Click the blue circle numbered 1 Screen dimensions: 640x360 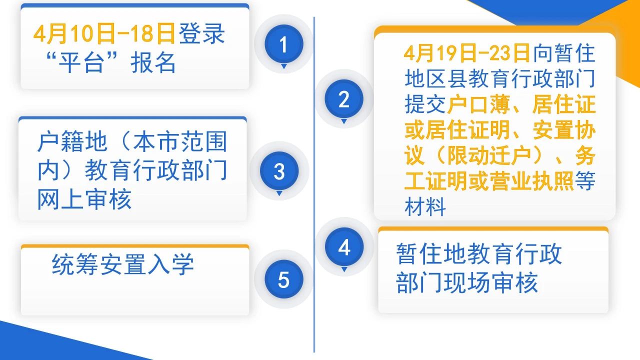283,44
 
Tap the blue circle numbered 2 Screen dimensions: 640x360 344,99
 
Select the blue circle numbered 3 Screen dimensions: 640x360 279,171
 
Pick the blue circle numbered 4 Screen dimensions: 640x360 344,247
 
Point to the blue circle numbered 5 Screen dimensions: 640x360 283,279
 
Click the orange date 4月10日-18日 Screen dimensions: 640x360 104,34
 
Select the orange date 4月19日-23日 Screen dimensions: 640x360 467,53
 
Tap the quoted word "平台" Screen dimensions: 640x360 81,63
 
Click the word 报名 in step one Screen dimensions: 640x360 153,63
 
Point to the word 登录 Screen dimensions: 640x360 201,34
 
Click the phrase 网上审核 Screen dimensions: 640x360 84,199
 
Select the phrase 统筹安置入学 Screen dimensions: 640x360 123,264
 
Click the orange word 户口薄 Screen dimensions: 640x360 478,104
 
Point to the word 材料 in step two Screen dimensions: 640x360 425,206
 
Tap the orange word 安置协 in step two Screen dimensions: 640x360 564,130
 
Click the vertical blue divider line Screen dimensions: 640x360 314,185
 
